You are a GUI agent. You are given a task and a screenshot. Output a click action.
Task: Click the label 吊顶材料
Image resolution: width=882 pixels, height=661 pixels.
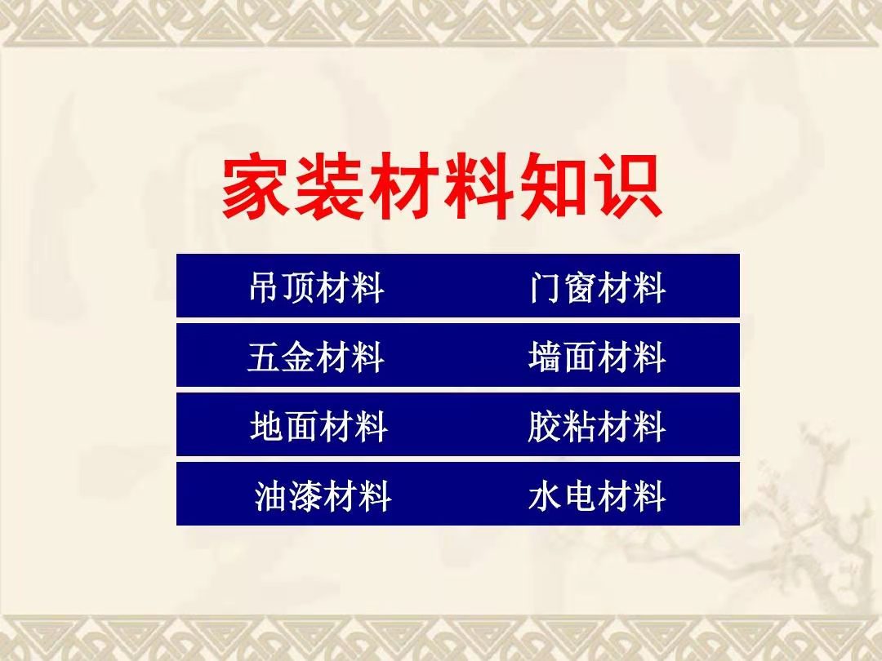[317, 287]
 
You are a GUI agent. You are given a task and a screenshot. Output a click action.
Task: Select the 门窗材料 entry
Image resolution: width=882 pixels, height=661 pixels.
[597, 287]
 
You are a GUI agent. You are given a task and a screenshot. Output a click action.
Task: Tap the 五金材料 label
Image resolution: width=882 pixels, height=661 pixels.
[316, 357]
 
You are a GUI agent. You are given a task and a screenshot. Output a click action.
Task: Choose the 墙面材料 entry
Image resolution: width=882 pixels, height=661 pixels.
[597, 357]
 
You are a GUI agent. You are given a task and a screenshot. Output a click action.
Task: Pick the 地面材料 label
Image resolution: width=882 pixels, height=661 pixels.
[318, 427]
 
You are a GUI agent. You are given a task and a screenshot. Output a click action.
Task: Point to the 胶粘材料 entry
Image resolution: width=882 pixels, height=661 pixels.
[597, 427]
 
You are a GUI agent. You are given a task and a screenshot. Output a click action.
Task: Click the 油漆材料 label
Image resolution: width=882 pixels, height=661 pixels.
[323, 496]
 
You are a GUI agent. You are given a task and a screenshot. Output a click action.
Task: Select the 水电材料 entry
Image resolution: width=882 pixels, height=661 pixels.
[597, 496]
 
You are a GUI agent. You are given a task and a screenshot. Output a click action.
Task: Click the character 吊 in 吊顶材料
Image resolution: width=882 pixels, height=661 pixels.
[265, 287]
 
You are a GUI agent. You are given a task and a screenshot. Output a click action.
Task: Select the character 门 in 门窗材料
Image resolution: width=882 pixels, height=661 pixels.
[546, 287]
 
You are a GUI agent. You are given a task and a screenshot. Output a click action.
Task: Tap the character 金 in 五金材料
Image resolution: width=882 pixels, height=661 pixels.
[299, 357]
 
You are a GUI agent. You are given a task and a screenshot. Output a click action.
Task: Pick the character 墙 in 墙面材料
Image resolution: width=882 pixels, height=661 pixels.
[546, 357]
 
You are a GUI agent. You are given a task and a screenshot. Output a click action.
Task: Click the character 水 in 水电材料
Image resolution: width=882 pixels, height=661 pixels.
[546, 496]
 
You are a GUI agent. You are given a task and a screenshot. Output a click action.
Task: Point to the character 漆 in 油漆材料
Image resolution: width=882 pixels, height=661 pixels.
[306, 496]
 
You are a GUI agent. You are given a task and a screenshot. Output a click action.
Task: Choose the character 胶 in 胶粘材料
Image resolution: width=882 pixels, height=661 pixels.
[546, 427]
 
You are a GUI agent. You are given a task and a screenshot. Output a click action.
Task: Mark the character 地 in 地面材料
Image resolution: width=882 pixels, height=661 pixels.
[266, 427]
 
